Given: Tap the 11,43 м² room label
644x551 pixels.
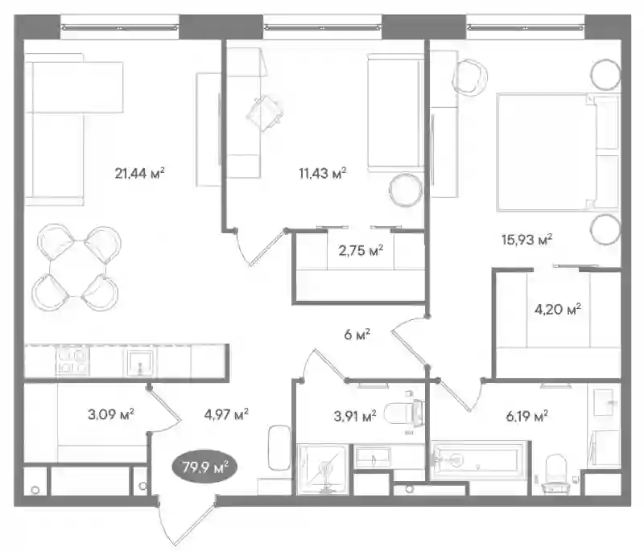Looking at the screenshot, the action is pyautogui.click(x=323, y=174).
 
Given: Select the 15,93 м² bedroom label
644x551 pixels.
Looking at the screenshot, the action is pyautogui.click(x=526, y=239).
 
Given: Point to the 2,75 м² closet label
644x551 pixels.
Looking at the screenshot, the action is pyautogui.click(x=361, y=250).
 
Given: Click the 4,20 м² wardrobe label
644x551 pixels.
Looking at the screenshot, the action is pyautogui.click(x=558, y=309).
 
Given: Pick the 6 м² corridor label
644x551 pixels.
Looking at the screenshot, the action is pyautogui.click(x=357, y=335).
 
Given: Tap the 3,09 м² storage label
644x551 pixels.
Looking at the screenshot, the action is pyautogui.click(x=111, y=414).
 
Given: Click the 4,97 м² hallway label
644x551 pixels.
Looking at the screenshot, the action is pyautogui.click(x=226, y=414).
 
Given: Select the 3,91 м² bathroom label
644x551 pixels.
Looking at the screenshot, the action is pyautogui.click(x=355, y=417).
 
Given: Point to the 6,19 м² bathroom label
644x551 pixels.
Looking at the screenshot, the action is pyautogui.click(x=527, y=417).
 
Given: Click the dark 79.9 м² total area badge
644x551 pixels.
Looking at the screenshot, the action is pyautogui.click(x=204, y=467).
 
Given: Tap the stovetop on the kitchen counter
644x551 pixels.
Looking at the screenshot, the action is pyautogui.click(x=72, y=360).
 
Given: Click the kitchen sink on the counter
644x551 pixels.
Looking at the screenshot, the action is pyautogui.click(x=140, y=362).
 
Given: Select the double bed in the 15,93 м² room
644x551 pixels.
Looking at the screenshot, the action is pyautogui.click(x=558, y=152).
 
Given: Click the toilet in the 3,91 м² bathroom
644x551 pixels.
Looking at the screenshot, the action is pyautogui.click(x=405, y=413).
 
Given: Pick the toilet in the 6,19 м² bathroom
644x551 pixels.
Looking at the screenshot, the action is pyautogui.click(x=556, y=473).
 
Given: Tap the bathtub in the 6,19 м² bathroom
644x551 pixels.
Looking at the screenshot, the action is pyautogui.click(x=478, y=459).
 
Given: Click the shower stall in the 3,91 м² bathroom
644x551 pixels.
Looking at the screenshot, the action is pyautogui.click(x=323, y=468).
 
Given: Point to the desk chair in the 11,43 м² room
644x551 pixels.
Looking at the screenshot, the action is pyautogui.click(x=265, y=113).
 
